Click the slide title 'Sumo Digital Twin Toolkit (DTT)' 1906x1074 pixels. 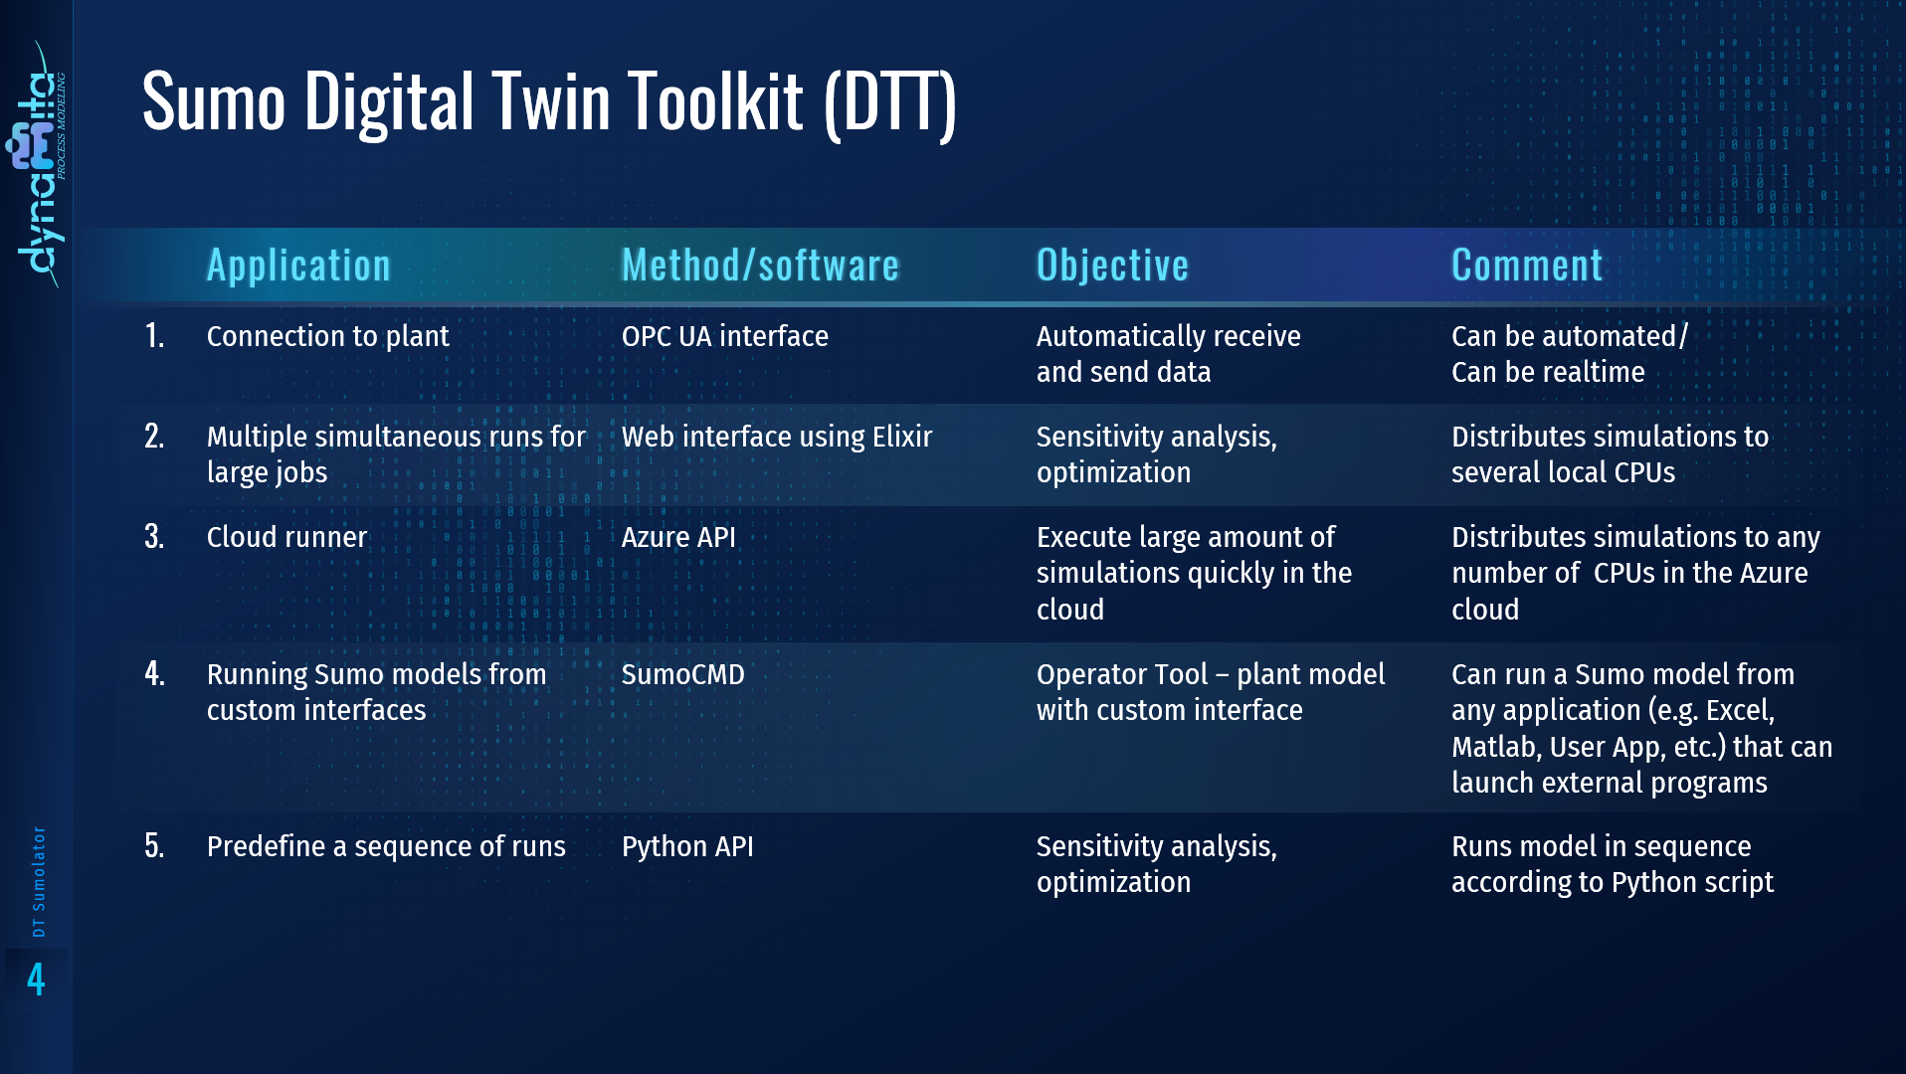click(x=549, y=102)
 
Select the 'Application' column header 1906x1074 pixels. click(x=298, y=266)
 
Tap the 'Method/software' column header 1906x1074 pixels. click(x=760, y=266)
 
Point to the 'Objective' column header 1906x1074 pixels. click(x=1112, y=266)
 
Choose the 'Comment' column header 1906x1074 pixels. click(x=1527, y=266)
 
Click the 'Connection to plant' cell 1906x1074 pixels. click(x=327, y=336)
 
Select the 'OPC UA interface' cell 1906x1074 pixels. click(x=724, y=336)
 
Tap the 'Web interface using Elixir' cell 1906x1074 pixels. click(x=776, y=437)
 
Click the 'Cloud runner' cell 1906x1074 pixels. click(x=286, y=537)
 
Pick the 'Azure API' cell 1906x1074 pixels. click(x=678, y=537)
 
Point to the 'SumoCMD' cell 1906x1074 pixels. click(x=682, y=674)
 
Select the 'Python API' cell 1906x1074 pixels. click(x=686, y=846)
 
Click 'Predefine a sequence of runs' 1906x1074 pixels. click(x=386, y=846)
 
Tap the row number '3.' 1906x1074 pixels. click(x=154, y=537)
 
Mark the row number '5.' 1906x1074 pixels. click(x=154, y=846)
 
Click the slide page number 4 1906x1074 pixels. click(x=36, y=980)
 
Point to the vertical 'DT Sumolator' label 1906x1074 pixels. click(x=39, y=881)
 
